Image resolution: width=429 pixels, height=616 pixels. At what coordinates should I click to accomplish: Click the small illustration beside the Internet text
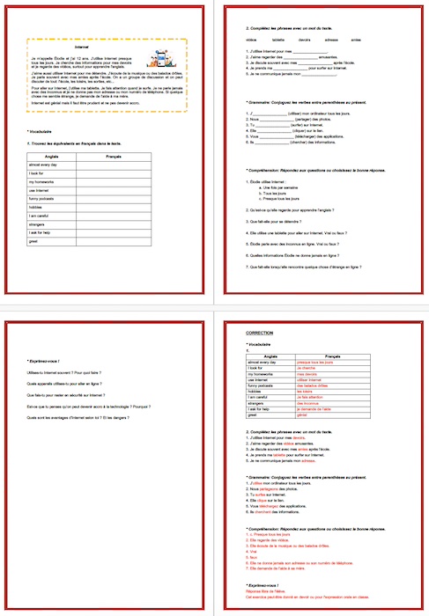point(158,59)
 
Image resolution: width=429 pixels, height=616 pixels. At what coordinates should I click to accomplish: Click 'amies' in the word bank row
point(355,40)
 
